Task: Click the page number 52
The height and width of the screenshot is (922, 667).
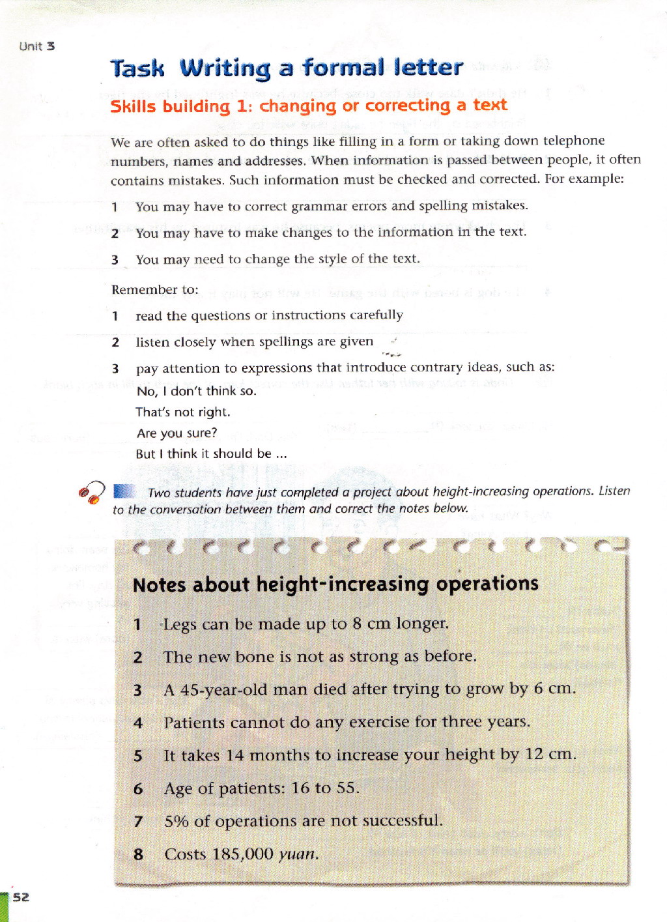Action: [x=21, y=897]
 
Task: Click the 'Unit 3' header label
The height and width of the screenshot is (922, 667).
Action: [x=37, y=46]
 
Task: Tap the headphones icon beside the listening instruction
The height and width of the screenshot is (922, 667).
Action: [x=92, y=492]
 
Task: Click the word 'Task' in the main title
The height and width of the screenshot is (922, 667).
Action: [x=137, y=68]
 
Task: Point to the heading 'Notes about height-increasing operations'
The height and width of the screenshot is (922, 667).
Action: [x=335, y=584]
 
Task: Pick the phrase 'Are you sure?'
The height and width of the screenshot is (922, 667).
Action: [x=177, y=433]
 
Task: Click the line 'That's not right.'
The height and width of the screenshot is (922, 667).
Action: [x=183, y=412]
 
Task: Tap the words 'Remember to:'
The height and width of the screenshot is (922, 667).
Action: [x=155, y=289]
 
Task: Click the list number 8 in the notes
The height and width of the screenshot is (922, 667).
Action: [x=138, y=854]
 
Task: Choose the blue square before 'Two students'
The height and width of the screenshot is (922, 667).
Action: [x=124, y=491]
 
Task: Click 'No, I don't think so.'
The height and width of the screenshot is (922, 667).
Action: [x=197, y=391]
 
